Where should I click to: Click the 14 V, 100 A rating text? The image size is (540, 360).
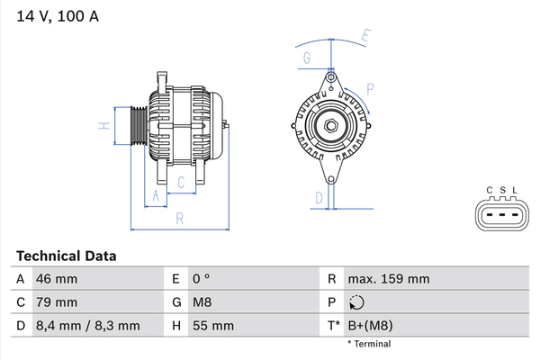[x=58, y=16]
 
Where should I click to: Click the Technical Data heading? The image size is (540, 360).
[x=66, y=256]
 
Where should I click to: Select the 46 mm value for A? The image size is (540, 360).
[x=57, y=279]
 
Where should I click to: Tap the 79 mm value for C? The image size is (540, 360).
[x=57, y=302]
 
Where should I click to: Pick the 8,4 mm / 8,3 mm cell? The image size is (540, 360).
[x=88, y=326]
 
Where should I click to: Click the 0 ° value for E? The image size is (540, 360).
[x=201, y=279]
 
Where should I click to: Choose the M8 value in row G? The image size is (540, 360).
[x=202, y=302]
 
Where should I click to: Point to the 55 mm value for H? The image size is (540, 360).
[x=213, y=326]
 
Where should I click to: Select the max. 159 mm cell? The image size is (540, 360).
[x=389, y=279]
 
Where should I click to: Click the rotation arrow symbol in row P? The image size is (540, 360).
[x=356, y=302]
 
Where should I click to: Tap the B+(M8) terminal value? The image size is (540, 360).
[x=370, y=326]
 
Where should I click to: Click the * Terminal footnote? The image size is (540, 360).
[x=369, y=344]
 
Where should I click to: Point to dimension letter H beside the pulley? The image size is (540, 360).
[x=104, y=126]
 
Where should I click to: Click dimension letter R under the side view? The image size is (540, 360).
[x=179, y=219]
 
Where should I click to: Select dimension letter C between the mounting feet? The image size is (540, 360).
[x=181, y=182]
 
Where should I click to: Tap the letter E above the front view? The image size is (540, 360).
[x=366, y=36]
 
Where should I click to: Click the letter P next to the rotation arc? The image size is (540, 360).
[x=370, y=89]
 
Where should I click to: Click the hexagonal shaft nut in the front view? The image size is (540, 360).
[x=331, y=126]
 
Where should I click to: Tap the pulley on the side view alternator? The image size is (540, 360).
[x=139, y=126]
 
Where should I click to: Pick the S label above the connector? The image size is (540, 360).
[x=503, y=190]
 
